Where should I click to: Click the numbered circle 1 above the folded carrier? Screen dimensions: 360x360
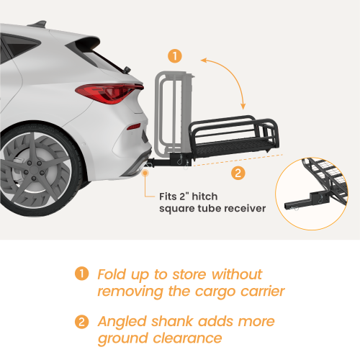pyautogui.click(x=175, y=56)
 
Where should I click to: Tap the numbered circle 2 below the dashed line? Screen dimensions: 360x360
pyautogui.click(x=238, y=173)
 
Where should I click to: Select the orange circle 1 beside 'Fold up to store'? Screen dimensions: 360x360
pyautogui.click(x=82, y=274)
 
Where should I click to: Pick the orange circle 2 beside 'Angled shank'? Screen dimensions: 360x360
pyautogui.click(x=82, y=322)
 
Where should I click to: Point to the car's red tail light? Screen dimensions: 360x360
pyautogui.click(x=109, y=93)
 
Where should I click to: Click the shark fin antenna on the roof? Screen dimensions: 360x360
pyautogui.click(x=38, y=24)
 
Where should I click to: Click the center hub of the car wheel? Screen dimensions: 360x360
pyautogui.click(x=34, y=170)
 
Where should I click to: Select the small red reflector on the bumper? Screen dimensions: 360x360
pyautogui.click(x=134, y=126)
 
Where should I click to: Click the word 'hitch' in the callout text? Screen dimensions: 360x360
pyautogui.click(x=204, y=197)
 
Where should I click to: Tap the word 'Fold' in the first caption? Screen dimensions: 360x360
pyautogui.click(x=112, y=274)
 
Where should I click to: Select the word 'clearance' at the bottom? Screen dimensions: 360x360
pyautogui.click(x=187, y=338)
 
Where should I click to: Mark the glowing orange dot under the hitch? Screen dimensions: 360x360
pyautogui.click(x=145, y=173)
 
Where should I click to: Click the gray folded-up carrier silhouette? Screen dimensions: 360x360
pyautogui.click(x=174, y=113)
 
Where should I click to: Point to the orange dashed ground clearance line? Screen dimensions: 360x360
pyautogui.click(x=238, y=160)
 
